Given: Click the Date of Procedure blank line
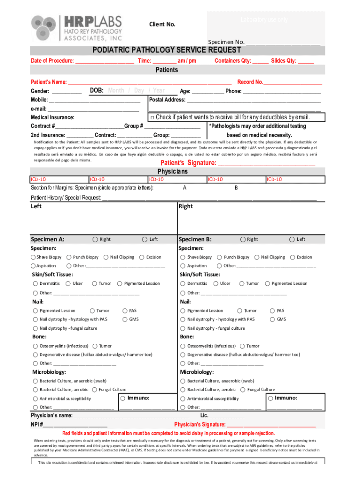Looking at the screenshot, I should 104,61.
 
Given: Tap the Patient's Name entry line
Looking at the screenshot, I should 150,82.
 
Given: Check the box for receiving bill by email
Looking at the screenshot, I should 152,117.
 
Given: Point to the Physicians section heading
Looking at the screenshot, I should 172,172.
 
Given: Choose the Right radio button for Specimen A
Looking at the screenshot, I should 95,239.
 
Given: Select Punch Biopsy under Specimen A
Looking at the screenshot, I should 69,257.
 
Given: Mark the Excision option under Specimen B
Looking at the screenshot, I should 293,257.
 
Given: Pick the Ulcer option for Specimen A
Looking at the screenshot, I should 68,283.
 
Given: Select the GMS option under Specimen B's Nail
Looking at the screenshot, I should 273,319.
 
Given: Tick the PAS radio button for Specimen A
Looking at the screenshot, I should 125,311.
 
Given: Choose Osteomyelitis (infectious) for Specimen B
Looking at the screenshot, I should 184,346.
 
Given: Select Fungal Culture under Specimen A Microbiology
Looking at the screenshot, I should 95,390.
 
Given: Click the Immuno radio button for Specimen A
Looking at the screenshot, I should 122,398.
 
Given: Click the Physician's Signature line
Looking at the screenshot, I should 271,425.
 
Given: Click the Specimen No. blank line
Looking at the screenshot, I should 283,43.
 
